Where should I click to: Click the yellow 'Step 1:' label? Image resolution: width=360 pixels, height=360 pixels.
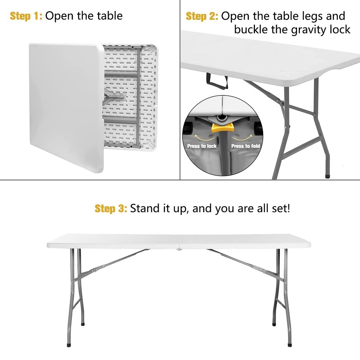(26, 16)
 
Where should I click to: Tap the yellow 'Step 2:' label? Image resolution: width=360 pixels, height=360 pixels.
(202, 16)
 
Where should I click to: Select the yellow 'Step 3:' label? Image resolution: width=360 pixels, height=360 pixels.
(111, 208)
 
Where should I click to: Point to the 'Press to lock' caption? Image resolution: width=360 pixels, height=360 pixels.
(202, 146)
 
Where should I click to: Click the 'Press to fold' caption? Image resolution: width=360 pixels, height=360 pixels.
(246, 146)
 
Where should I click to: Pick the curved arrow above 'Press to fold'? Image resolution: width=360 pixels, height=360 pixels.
(242, 138)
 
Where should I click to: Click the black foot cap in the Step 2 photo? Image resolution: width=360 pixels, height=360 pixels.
(327, 177)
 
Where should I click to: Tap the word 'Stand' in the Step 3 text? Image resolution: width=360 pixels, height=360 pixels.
(145, 208)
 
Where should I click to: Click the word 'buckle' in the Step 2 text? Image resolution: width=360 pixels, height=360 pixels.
(251, 29)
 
